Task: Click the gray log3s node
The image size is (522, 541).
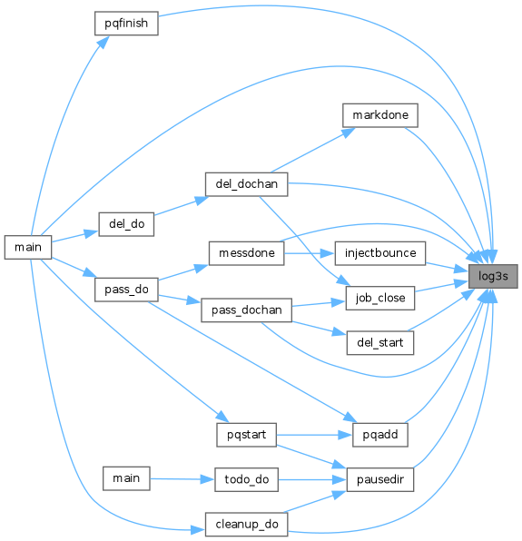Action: click(493, 276)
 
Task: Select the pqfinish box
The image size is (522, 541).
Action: click(126, 23)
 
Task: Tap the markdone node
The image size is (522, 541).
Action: click(379, 115)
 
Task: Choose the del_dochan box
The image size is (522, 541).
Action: click(246, 184)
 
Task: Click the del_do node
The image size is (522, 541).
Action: click(126, 224)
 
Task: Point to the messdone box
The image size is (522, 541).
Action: click(246, 253)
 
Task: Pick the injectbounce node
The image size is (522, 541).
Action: click(379, 253)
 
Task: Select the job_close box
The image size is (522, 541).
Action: click(379, 298)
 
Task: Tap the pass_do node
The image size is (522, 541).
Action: click(126, 290)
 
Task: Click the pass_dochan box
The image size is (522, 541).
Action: click(246, 310)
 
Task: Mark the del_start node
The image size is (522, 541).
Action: click(379, 342)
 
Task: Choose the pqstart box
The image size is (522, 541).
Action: click(246, 435)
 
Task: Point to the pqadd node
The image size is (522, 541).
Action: click(379, 435)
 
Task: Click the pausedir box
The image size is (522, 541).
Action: click(379, 479)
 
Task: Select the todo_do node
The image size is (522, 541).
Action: click(246, 479)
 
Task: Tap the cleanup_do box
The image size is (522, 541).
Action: click(246, 525)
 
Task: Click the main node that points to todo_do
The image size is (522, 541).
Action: click(126, 478)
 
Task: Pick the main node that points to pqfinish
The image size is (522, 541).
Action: click(28, 247)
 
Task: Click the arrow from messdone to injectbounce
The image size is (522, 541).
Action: click(310, 253)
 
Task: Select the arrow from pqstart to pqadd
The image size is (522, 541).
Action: click(314, 435)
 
